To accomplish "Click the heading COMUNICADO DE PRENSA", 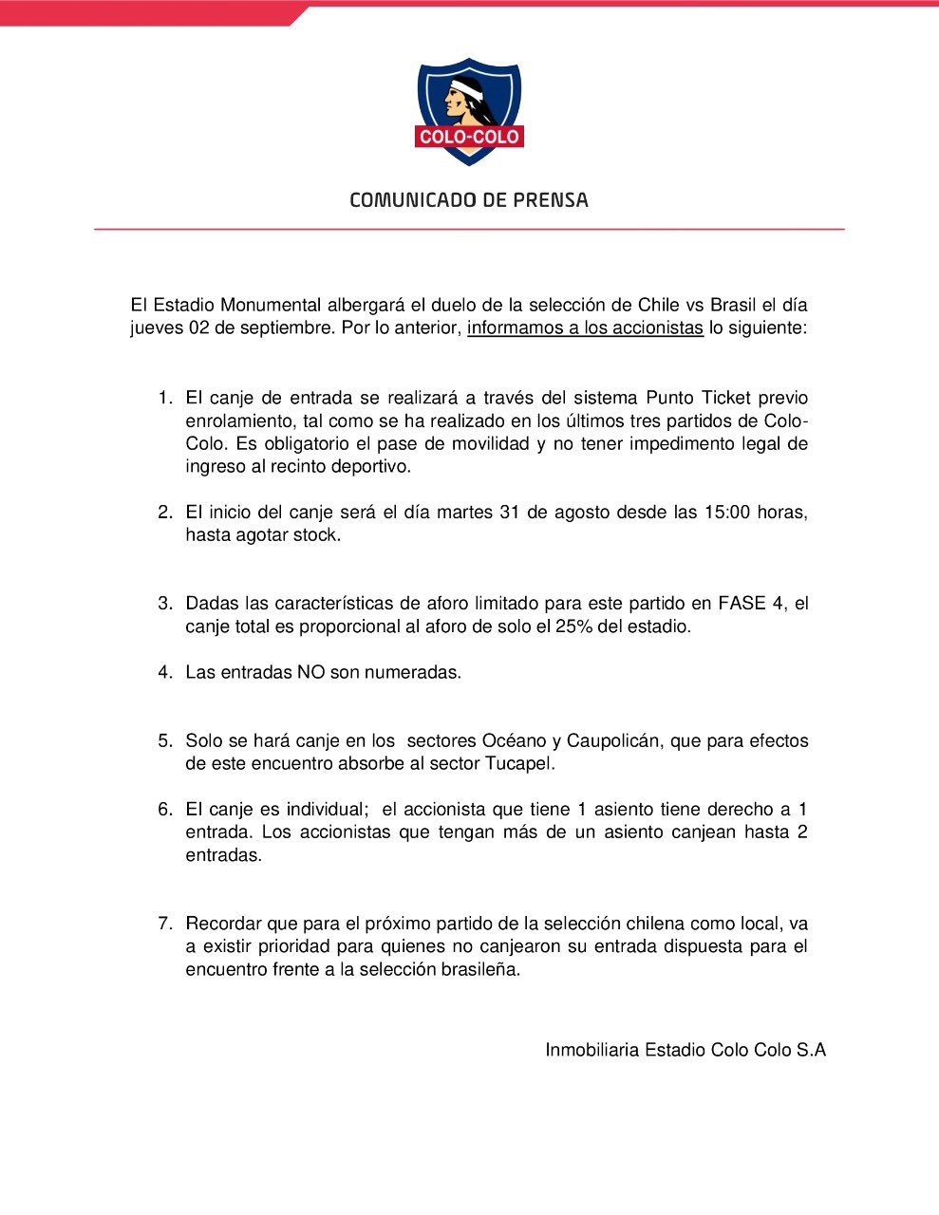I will (x=469, y=200).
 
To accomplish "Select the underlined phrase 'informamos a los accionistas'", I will (x=585, y=328).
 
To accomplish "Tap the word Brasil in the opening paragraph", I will (x=731, y=306).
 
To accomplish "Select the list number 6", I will (x=165, y=810).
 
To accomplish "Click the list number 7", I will (x=165, y=924).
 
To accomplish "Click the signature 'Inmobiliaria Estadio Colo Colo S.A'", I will (x=685, y=1050).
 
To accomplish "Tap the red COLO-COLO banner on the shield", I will (x=469, y=137).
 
